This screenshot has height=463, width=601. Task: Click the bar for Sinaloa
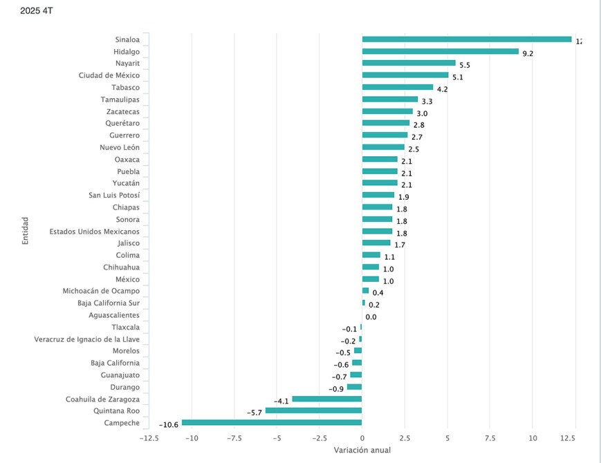point(467,39)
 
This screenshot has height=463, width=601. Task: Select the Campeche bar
point(272,422)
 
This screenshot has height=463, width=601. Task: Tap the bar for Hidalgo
point(440,51)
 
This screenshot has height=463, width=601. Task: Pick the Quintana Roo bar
point(313,410)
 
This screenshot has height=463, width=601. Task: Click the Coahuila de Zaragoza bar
point(326,399)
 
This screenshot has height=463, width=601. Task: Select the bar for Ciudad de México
point(405,75)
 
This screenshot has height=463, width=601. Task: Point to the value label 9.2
point(528,53)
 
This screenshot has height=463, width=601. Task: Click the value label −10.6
point(168,424)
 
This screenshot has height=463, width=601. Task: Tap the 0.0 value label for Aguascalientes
point(371,317)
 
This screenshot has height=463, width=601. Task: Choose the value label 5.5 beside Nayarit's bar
point(465,65)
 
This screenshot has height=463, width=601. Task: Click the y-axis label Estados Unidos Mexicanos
point(94,231)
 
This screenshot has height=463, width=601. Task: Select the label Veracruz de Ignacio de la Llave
point(86,339)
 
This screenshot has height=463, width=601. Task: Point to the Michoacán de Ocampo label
point(101,291)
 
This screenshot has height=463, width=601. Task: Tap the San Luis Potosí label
point(114,196)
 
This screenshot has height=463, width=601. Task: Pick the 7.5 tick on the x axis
point(490,437)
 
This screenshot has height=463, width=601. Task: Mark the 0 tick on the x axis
point(362,437)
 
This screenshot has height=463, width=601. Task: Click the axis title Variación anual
point(362,451)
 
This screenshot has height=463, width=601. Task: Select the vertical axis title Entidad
point(25,231)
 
